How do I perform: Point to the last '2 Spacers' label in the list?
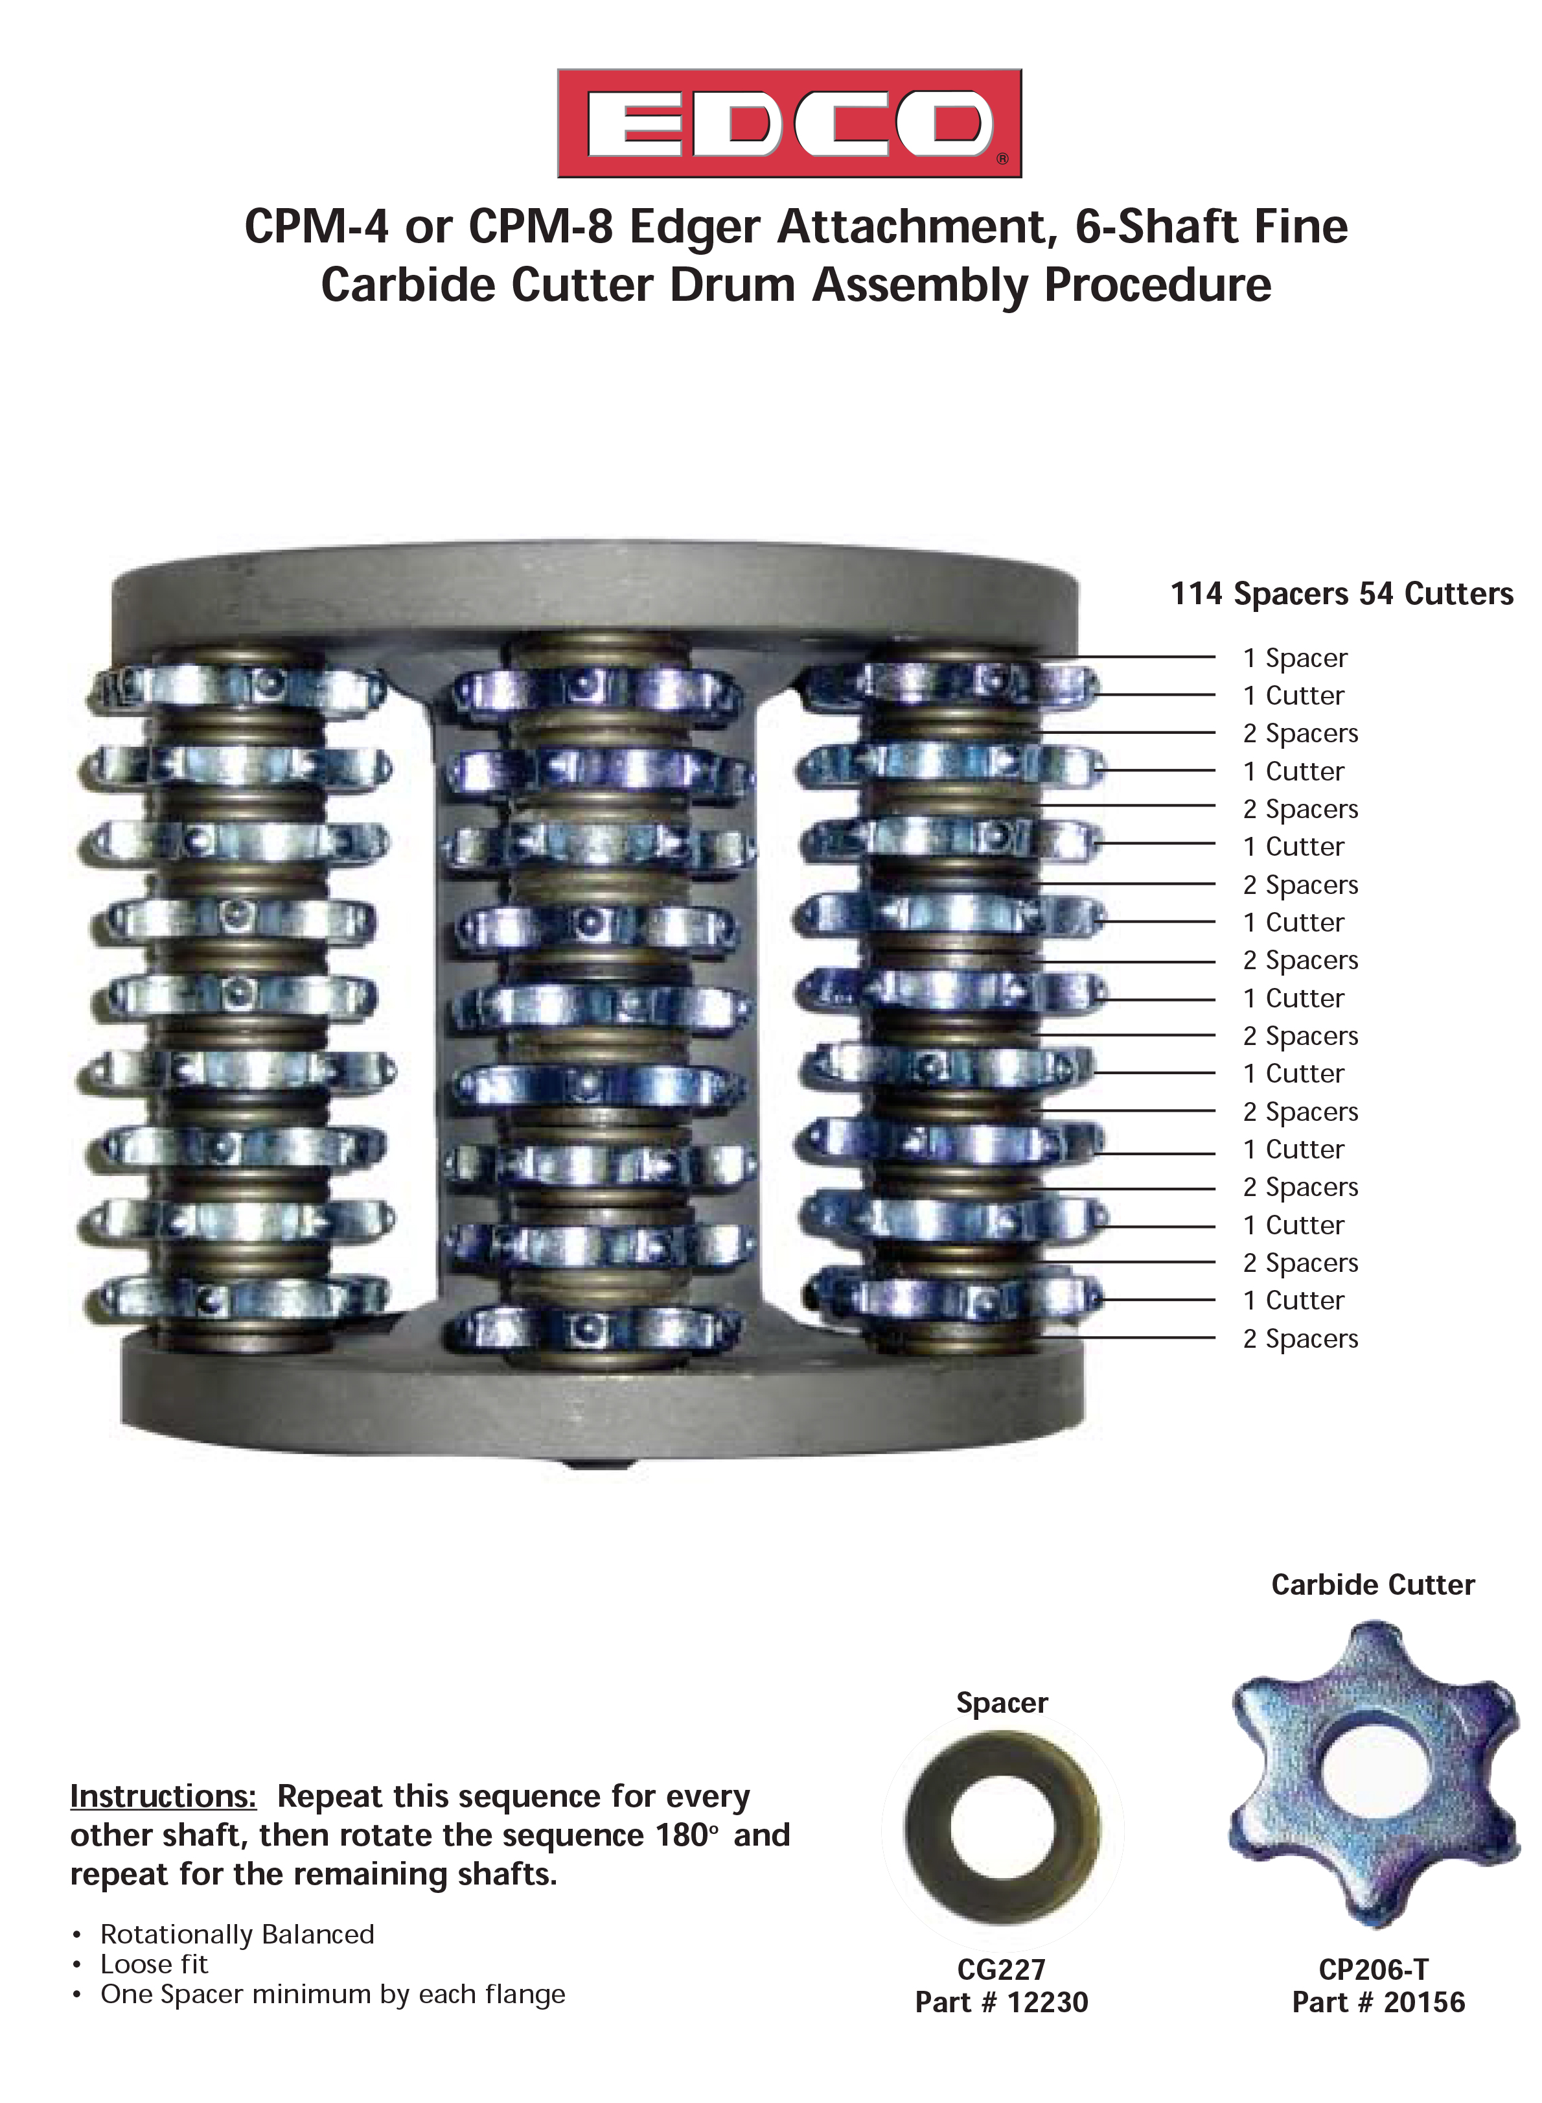(x=1300, y=1339)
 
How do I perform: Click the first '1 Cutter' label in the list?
(x=1294, y=696)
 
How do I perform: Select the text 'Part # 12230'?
(x=1002, y=2002)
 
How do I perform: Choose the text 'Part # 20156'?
(x=1379, y=2002)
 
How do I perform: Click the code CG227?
(x=1002, y=1969)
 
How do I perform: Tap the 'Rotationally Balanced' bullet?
(x=237, y=1934)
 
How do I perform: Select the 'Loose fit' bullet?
(x=154, y=1964)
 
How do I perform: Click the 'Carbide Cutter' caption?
(x=1373, y=1585)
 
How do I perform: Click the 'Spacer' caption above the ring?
(x=1002, y=1702)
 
